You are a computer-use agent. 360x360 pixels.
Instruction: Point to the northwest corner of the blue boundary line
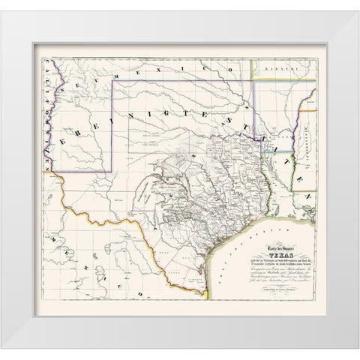coord(114,82)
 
